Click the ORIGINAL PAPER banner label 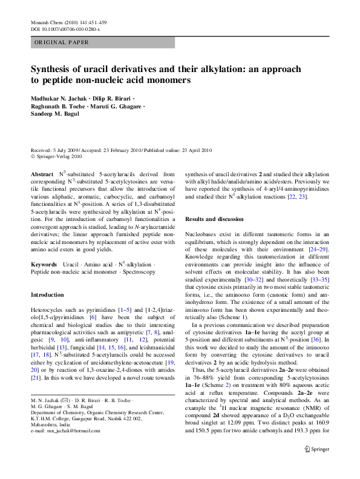coord(62,42)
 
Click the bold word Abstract coord(42,174)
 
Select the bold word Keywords coord(44,265)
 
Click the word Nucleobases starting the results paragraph coord(201,233)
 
